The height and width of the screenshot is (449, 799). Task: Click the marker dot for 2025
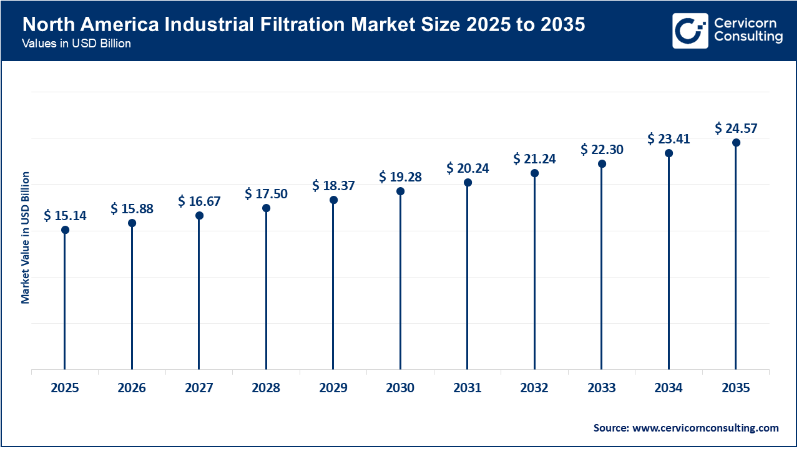tap(65, 230)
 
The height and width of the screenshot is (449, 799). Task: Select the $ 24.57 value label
tap(736, 128)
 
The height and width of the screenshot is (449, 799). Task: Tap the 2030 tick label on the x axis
tap(400, 388)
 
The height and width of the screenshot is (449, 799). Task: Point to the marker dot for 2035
tap(736, 143)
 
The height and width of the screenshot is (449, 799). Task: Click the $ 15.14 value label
tap(65, 216)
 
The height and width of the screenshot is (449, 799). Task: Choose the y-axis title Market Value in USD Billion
tap(26, 237)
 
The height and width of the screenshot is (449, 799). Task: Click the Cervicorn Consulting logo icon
tap(690, 31)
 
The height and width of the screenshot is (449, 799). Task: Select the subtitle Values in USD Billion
tap(76, 44)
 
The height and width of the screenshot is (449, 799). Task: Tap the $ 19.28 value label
tap(400, 177)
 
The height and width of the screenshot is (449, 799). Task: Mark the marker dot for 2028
tap(266, 208)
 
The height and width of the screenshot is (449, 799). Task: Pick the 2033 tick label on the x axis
tap(601, 388)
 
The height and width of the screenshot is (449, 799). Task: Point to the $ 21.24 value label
tap(534, 159)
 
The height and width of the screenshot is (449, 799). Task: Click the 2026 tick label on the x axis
tap(132, 388)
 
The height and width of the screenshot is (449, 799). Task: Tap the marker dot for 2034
tap(669, 153)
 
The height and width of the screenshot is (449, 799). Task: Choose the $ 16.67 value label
tap(199, 201)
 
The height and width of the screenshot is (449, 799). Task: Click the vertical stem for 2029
tap(333, 287)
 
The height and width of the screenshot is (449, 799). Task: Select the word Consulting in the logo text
tap(748, 37)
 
